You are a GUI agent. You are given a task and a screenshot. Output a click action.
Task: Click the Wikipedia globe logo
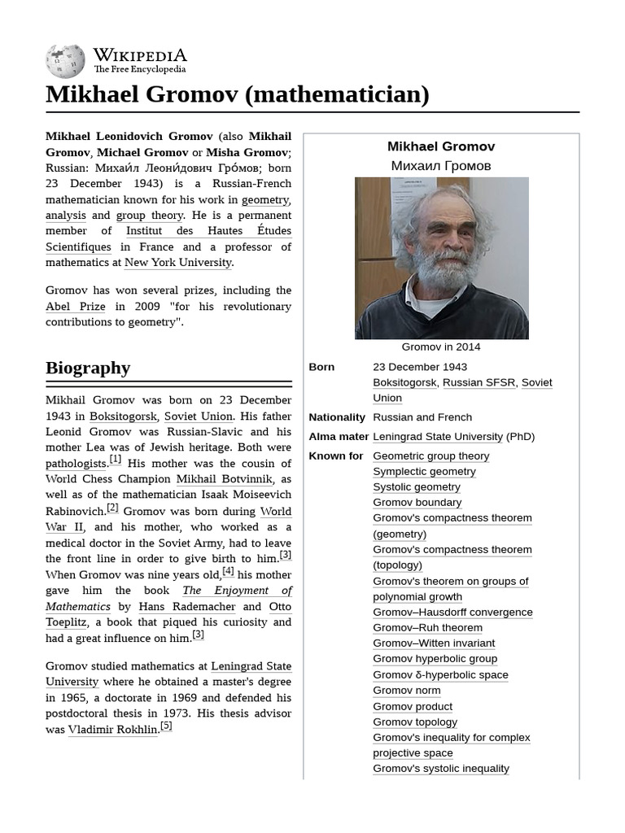pos(65,60)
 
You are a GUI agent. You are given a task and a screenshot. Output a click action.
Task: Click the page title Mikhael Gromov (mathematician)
pos(237,94)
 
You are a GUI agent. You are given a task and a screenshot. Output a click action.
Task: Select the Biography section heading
pos(88,368)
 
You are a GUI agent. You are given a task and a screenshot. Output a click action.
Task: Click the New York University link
pos(178,263)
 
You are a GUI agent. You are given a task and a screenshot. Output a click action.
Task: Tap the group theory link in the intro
pos(150,216)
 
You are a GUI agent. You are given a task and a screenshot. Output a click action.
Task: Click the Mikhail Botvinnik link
pos(225,479)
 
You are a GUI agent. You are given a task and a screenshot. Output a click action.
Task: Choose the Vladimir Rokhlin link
pos(113,730)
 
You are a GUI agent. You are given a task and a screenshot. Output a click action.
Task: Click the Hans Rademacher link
pos(187,607)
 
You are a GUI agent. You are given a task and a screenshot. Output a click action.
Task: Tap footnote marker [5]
pos(166,726)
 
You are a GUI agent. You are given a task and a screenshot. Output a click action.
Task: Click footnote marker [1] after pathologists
pos(116,460)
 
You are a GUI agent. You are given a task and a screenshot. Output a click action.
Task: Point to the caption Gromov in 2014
pos(441,347)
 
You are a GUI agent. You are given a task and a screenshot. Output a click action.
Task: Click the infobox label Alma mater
pos(339,437)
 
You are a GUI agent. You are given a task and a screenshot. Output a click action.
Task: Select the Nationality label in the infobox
pos(337,417)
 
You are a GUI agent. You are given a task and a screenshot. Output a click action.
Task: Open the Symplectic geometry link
pos(424,472)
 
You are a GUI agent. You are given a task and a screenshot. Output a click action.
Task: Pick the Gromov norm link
pos(406,691)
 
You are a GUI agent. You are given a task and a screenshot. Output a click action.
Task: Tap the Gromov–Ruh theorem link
pos(427,628)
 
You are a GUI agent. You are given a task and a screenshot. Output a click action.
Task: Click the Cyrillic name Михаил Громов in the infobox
pos(441,166)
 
